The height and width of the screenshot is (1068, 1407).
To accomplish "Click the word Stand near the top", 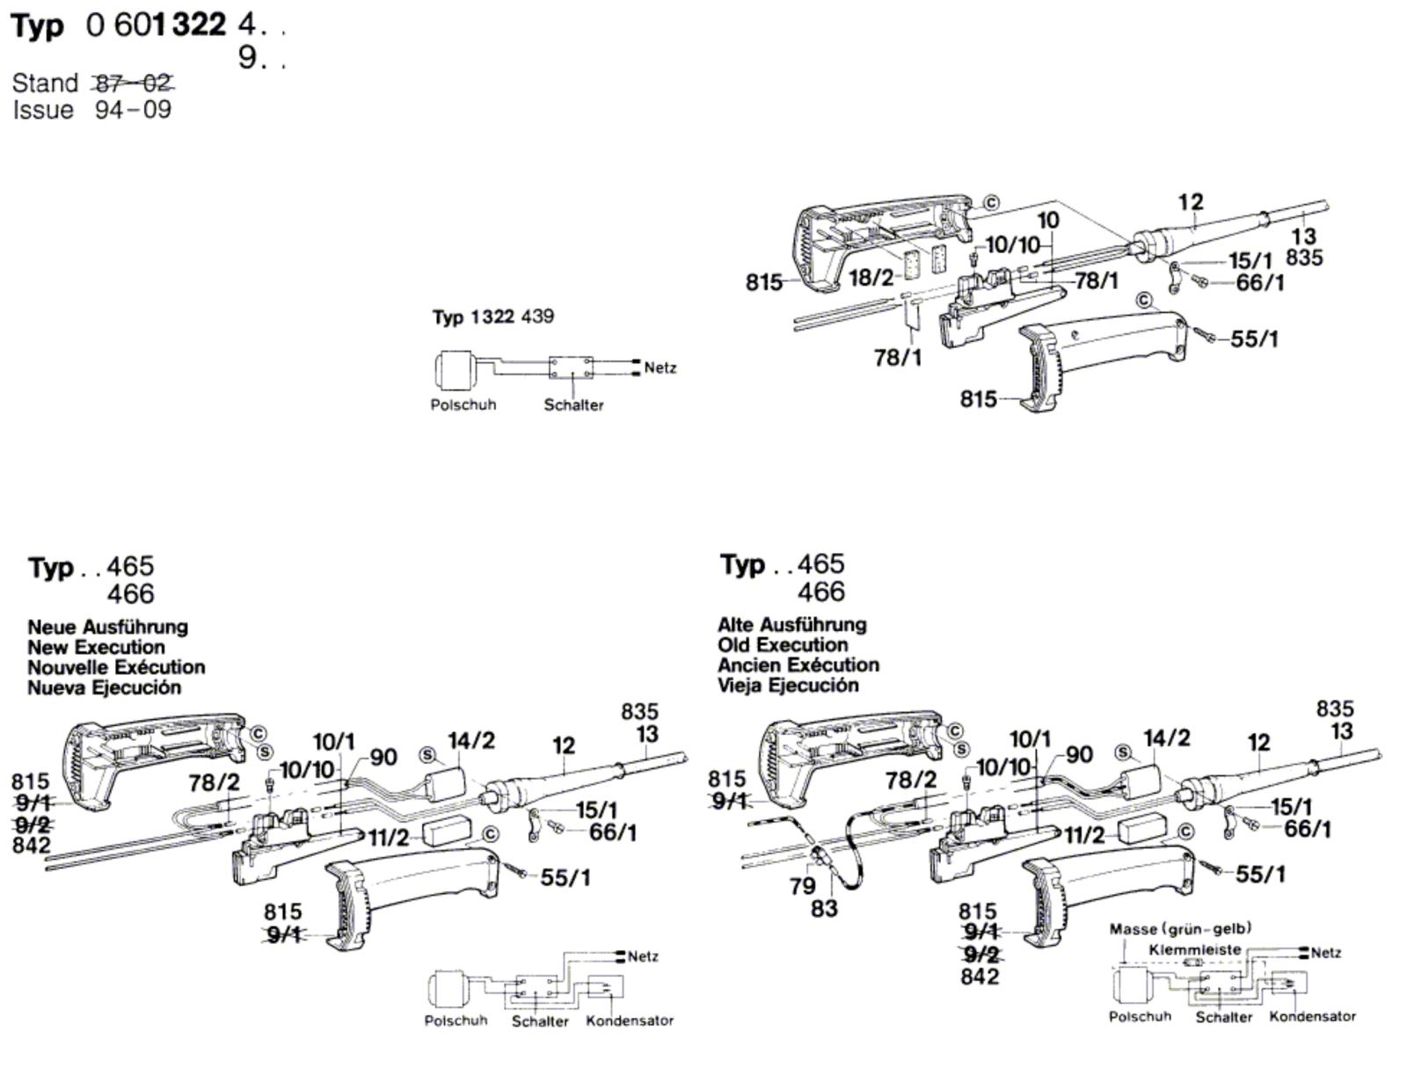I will [x=45, y=84].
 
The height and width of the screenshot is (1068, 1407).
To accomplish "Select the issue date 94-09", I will [x=133, y=110].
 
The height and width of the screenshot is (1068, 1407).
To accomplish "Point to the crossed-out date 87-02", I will [x=133, y=84].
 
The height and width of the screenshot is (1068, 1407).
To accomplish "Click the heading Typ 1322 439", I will [x=492, y=316].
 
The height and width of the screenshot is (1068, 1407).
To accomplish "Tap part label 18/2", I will [x=871, y=278].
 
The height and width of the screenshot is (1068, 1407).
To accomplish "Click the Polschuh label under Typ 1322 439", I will [x=463, y=405].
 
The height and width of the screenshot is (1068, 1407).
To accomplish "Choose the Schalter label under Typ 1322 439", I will [x=573, y=405].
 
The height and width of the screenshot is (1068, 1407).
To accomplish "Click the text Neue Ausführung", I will [x=107, y=628].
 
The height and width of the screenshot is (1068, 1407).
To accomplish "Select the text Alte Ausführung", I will [x=791, y=625].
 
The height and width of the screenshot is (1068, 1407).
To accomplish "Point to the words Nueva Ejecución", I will [x=104, y=688].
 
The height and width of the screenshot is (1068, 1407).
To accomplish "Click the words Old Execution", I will [x=783, y=645].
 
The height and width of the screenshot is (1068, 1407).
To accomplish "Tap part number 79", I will [x=802, y=885].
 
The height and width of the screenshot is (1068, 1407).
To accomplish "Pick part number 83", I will [x=824, y=908].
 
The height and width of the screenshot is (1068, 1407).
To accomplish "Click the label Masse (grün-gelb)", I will [x=1180, y=929].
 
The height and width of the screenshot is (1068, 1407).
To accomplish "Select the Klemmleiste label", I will [x=1194, y=949].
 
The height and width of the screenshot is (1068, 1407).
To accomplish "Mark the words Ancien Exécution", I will [x=798, y=665].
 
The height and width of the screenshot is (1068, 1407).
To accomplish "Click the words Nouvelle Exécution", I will [x=116, y=668].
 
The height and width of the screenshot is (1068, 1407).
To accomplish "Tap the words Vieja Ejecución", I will [x=788, y=686].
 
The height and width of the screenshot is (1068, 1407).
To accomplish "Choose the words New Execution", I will [x=96, y=648].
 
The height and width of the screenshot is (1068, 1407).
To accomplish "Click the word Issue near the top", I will [x=43, y=110].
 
